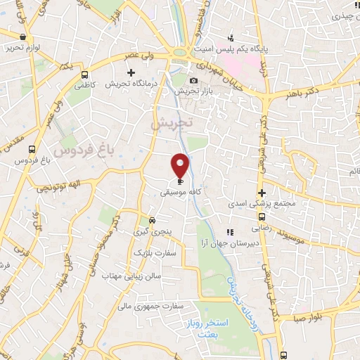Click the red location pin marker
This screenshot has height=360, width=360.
point(181,165)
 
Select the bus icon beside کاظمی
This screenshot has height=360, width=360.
point(85,75)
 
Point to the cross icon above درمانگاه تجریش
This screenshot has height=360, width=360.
point(131,72)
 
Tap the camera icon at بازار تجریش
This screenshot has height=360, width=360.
point(193,81)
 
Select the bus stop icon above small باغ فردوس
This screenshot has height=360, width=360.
point(32,149)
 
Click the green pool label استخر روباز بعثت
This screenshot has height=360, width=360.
point(220,326)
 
